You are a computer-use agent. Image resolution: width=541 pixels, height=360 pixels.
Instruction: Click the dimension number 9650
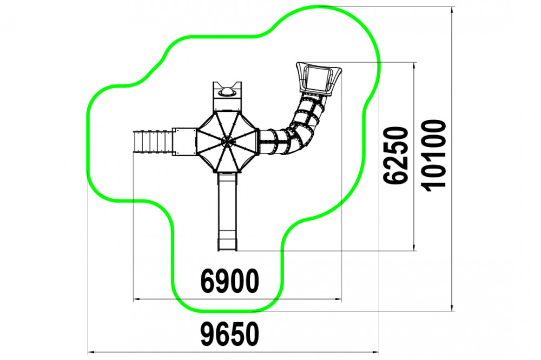pos(230,334)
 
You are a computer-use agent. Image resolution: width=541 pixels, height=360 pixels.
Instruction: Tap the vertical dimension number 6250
pos(396,155)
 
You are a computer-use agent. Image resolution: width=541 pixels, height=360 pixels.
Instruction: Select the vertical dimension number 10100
pos(433,156)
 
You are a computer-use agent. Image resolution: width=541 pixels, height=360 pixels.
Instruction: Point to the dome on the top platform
pos(227,92)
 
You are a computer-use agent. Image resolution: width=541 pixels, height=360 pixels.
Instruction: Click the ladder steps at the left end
pos(152,142)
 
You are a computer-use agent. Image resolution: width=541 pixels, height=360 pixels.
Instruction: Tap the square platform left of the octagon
pos(184,142)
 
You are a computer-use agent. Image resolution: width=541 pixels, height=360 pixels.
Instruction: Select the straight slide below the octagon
pos(227,211)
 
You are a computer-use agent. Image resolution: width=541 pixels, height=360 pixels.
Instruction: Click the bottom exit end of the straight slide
pos(227,248)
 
